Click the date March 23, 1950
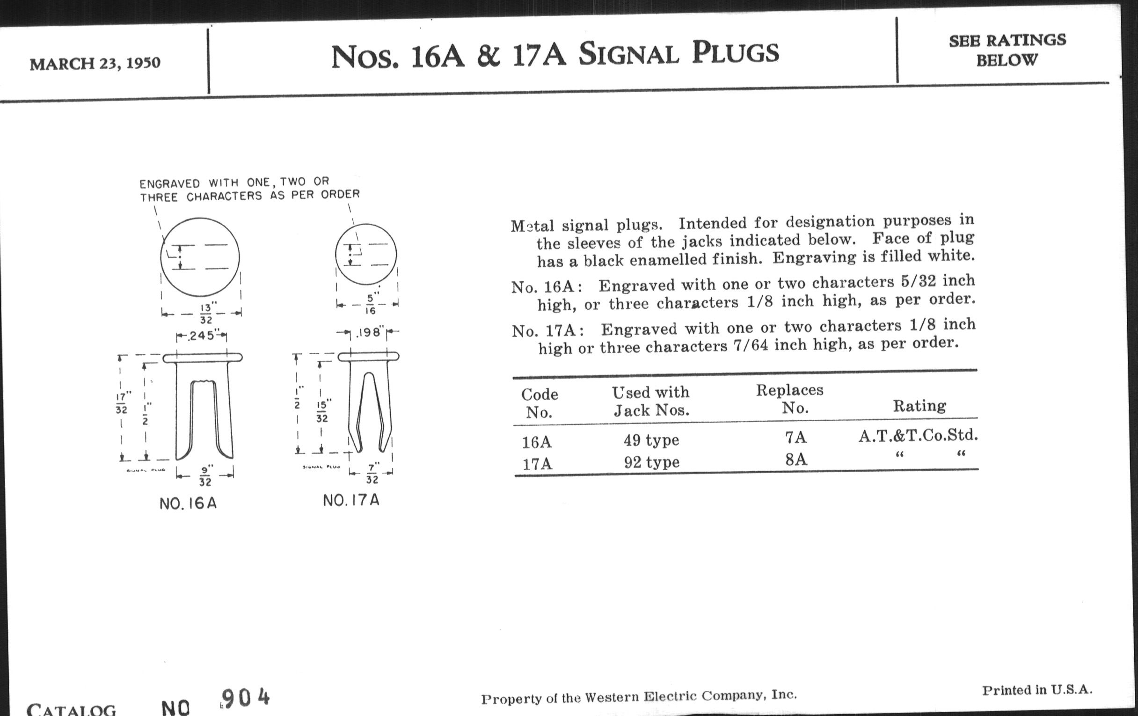(x=95, y=63)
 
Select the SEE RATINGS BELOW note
(x=1007, y=50)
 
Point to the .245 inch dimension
(x=201, y=336)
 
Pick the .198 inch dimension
(x=369, y=333)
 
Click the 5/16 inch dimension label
(x=371, y=304)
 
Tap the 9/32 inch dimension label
(x=205, y=476)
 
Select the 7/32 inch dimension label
(x=372, y=474)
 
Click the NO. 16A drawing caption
(x=188, y=504)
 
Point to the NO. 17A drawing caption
(x=351, y=500)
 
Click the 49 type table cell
(x=651, y=440)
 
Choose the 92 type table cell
(x=652, y=462)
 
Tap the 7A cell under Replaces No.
(x=796, y=438)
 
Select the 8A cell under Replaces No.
(x=796, y=459)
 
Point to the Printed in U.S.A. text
(x=1037, y=690)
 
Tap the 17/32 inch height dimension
(x=122, y=402)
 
